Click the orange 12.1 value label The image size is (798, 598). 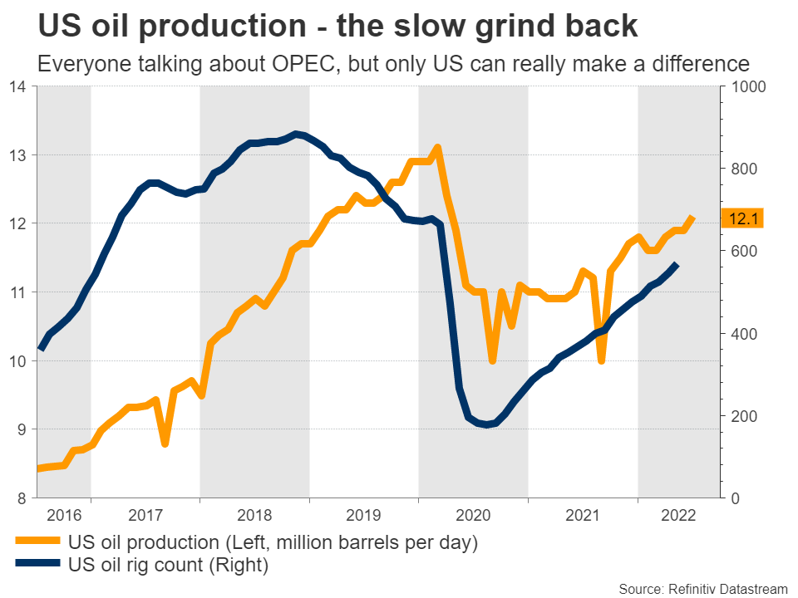[x=741, y=219]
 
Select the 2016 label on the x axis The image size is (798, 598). [x=63, y=516]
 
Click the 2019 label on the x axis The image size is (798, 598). [x=364, y=516]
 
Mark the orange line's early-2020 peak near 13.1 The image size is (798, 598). [x=437, y=148]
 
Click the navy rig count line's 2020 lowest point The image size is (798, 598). [x=486, y=424]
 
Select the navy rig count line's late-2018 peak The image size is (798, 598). [x=295, y=133]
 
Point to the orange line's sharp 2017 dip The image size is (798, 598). [x=165, y=444]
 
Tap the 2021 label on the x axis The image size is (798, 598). [x=582, y=516]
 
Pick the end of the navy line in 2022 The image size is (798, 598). [x=677, y=264]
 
